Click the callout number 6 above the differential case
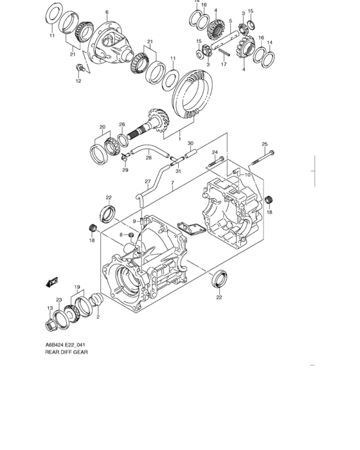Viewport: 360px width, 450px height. [x=107, y=12]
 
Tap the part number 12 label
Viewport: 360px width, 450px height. [x=79, y=81]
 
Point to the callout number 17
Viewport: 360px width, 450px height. [x=224, y=65]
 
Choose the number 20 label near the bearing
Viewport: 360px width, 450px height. [x=102, y=127]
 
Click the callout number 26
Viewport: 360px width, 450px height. [x=122, y=125]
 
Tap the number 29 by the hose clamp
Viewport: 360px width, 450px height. [x=125, y=170]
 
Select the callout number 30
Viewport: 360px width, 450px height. [x=190, y=143]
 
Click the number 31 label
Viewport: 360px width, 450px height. [x=178, y=170]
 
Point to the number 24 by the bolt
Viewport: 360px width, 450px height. [x=215, y=152]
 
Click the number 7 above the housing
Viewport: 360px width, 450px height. [x=172, y=183]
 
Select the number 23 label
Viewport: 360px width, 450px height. [x=59, y=300]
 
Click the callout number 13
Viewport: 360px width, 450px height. [x=50, y=308]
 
